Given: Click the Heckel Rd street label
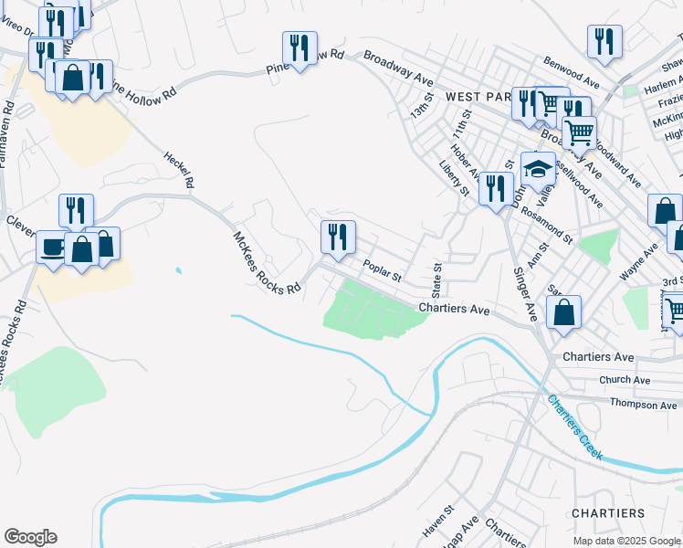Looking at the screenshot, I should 179,169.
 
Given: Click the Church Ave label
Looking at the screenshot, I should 625,379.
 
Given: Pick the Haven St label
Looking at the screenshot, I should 436,522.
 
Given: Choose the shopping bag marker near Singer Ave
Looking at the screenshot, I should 565,312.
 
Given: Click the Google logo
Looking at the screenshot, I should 30,537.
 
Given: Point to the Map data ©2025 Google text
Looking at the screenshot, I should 626,541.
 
